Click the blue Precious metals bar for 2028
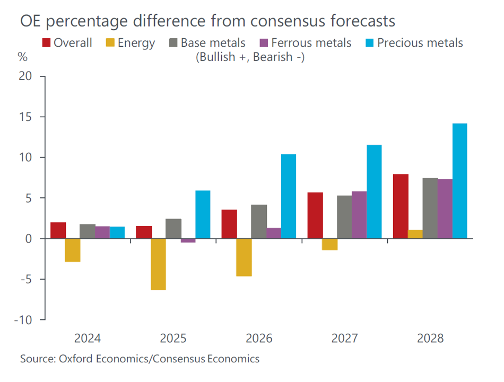(459, 181)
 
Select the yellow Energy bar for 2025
(158, 264)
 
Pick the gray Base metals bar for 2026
(259, 222)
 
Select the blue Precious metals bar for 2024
(117, 233)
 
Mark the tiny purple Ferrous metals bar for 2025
(188, 241)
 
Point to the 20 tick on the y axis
(25, 76)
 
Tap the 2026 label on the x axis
(259, 338)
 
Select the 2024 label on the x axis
(88, 338)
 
